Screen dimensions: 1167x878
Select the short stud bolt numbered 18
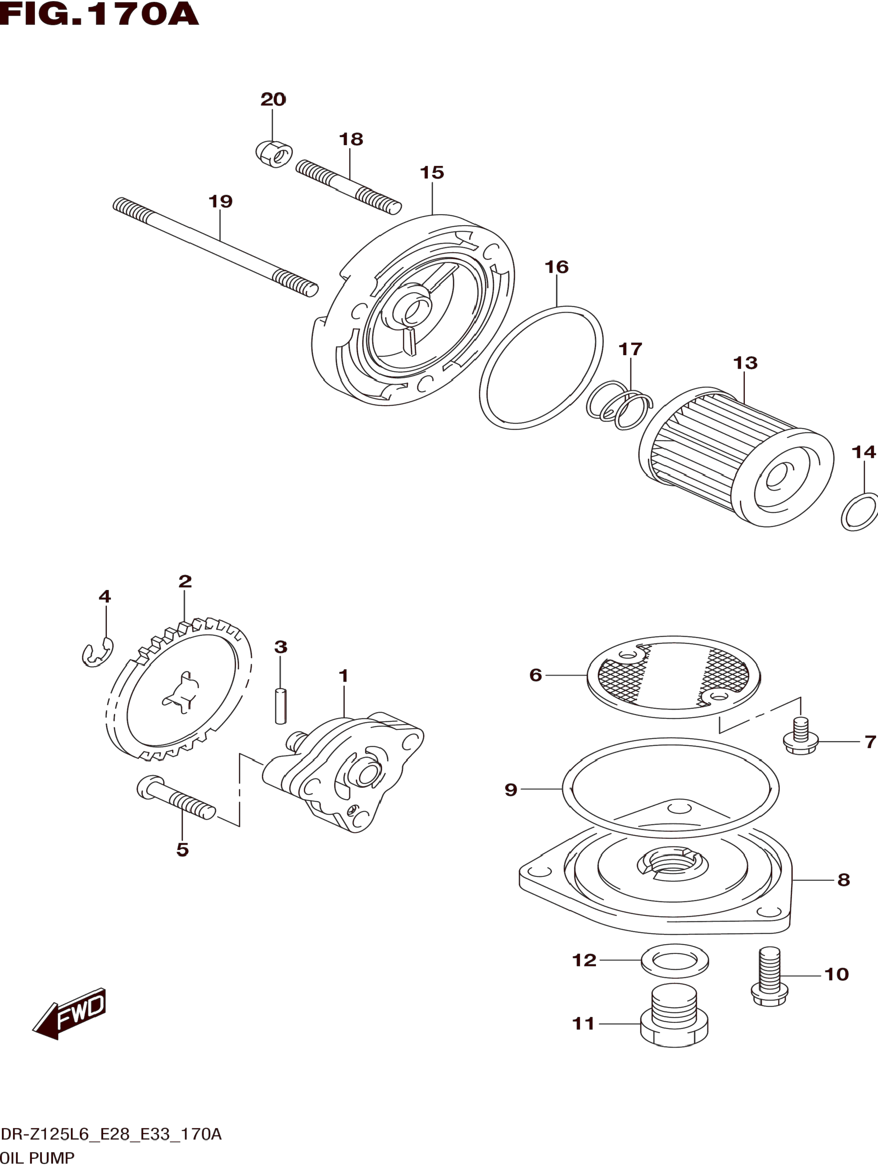(349, 187)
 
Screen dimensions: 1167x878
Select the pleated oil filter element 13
(736, 456)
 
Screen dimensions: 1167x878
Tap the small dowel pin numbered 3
(281, 705)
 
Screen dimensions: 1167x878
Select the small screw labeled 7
(801, 736)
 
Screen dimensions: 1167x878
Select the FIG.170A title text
(99, 15)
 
